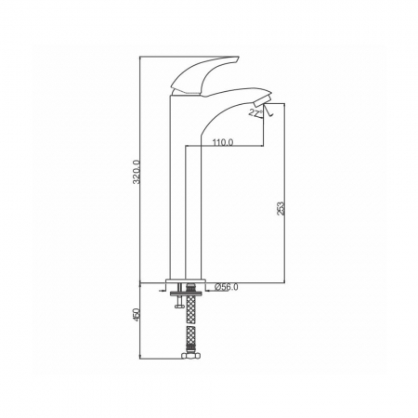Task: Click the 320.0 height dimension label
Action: click(137, 172)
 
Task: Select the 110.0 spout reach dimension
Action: click(223, 142)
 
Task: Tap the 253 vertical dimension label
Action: click(281, 209)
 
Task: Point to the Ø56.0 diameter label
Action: click(226, 287)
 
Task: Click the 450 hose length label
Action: click(137, 315)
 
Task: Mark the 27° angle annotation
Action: click(255, 113)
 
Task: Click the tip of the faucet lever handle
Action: click(238, 58)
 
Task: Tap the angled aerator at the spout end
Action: click(263, 99)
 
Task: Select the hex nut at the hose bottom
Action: click(190, 356)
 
